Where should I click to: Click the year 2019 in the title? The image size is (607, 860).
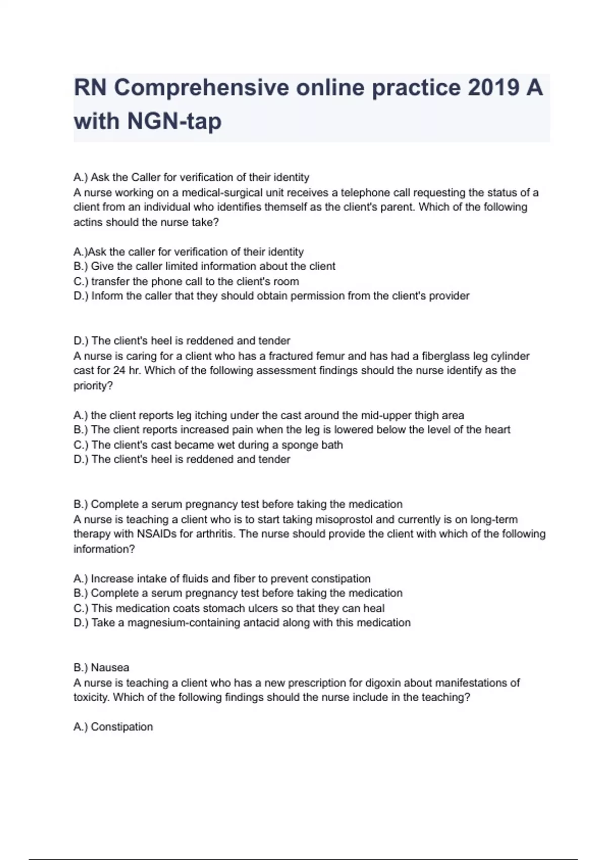tap(493, 88)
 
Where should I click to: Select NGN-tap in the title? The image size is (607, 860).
tap(175, 121)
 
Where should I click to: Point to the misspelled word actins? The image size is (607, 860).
tap(88, 223)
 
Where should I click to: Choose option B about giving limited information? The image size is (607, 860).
tap(204, 267)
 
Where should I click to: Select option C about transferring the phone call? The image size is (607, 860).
tap(186, 281)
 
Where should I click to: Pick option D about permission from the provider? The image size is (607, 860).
tap(271, 296)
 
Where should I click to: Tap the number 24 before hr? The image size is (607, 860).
tap(119, 370)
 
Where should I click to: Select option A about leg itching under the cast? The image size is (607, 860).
tap(269, 415)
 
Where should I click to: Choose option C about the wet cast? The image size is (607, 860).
tap(208, 445)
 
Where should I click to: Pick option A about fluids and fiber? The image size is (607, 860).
tap(222, 579)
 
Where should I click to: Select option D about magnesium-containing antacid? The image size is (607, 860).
tap(242, 623)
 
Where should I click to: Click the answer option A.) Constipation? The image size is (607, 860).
tap(113, 727)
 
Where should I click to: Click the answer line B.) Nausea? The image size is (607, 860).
tap(101, 668)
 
